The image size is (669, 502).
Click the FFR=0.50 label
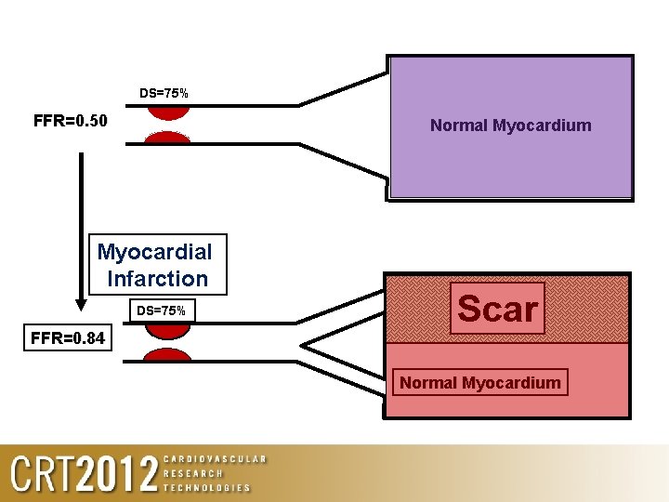click(71, 121)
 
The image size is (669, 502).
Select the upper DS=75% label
click(164, 93)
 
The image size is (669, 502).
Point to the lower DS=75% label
click(162, 310)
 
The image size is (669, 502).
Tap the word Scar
click(497, 309)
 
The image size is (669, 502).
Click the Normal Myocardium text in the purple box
click(510, 125)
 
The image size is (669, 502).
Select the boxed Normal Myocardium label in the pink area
click(479, 382)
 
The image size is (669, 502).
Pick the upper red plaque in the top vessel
click(168, 110)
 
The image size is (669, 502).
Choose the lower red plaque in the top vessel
click(168, 138)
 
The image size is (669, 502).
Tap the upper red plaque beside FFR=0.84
click(168, 328)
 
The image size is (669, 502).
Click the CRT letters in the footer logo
click(42, 474)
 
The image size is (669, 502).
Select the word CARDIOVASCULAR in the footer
click(215, 459)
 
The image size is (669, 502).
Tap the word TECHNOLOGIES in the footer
click(207, 487)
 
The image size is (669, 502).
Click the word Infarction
click(158, 278)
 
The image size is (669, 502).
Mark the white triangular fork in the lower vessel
click(339, 354)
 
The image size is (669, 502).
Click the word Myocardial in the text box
click(155, 252)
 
